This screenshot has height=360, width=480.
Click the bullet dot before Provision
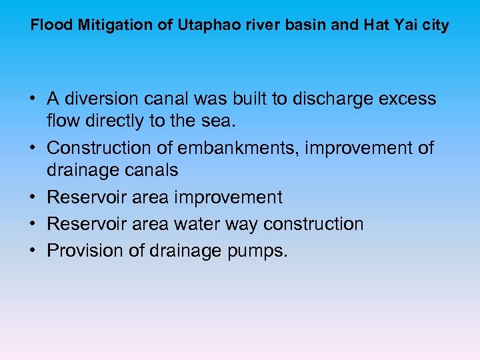pyautogui.click(x=32, y=251)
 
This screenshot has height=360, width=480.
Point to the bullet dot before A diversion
pyautogui.click(x=32, y=99)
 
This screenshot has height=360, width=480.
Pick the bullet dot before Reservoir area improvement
pyautogui.click(x=32, y=197)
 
